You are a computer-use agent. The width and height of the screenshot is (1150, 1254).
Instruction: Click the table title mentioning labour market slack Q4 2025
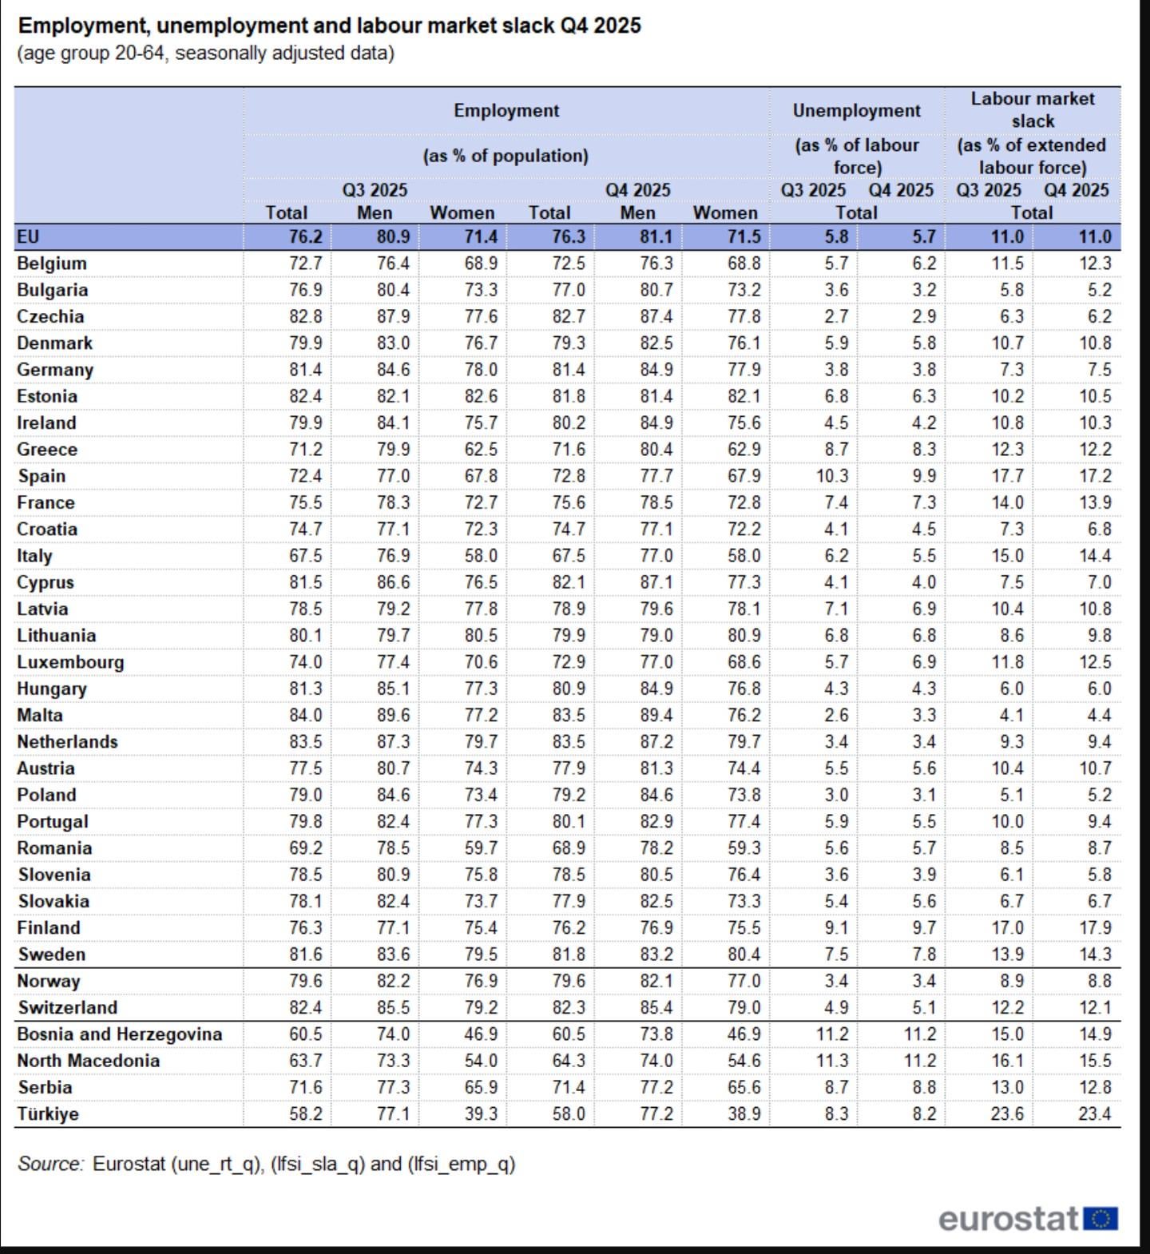(x=329, y=26)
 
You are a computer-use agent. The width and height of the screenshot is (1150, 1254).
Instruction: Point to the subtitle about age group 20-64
(x=206, y=54)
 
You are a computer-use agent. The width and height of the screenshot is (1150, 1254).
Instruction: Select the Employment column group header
(x=506, y=111)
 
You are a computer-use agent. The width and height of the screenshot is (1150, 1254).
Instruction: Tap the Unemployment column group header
(x=856, y=111)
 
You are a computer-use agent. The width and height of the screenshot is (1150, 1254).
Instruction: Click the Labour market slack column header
(x=1032, y=109)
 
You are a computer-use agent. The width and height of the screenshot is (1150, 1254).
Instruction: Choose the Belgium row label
(x=52, y=264)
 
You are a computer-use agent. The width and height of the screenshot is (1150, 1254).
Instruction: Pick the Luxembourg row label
(x=70, y=662)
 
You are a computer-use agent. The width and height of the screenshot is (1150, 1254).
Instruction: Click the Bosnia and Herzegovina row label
(x=120, y=1034)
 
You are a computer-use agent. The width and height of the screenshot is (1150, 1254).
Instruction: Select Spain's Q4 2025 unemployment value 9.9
(x=923, y=476)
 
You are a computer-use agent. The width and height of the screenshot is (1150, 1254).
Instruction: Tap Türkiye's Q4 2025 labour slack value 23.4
(x=1094, y=1113)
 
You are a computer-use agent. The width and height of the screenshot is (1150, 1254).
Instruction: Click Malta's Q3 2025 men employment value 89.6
(x=393, y=716)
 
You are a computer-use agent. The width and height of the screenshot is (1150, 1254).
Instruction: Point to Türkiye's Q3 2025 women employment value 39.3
(x=481, y=1113)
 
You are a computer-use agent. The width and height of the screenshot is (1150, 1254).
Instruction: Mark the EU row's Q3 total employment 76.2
(x=305, y=237)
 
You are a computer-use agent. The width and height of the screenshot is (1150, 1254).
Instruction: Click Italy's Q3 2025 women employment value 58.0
(x=481, y=556)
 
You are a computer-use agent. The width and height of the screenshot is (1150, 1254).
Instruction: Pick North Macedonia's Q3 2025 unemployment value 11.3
(x=832, y=1061)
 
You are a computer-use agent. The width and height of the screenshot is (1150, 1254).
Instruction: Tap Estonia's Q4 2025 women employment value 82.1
(x=744, y=397)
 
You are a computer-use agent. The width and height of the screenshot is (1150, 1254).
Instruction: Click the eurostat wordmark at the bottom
(x=1009, y=1219)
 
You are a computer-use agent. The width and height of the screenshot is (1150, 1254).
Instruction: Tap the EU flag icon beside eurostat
(x=1100, y=1219)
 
